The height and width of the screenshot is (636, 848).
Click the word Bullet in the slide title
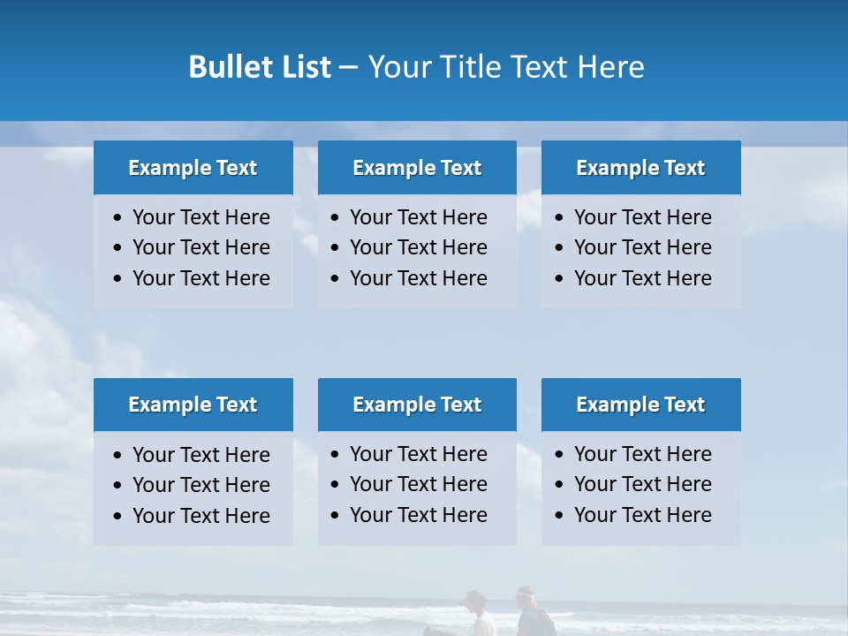(231, 67)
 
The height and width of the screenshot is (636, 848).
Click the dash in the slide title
(348, 67)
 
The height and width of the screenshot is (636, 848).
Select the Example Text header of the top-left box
(193, 168)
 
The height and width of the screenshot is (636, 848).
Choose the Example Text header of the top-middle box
(417, 168)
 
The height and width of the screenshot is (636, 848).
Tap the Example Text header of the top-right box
(640, 168)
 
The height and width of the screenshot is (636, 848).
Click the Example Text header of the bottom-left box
(193, 405)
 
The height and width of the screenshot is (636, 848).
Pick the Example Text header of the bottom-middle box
(417, 405)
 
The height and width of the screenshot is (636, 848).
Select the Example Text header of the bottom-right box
(640, 405)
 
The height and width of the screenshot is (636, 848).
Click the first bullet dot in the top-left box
(118, 218)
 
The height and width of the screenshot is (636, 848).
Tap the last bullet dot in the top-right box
(559, 279)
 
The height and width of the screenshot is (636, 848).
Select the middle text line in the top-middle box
(418, 247)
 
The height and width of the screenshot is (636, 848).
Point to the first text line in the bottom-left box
(201, 455)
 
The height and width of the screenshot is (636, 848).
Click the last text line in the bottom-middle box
(418, 515)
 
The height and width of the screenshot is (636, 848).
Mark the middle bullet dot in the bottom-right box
(559, 485)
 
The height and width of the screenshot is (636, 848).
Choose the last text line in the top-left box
(201, 278)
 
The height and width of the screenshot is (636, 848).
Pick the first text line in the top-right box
(642, 217)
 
